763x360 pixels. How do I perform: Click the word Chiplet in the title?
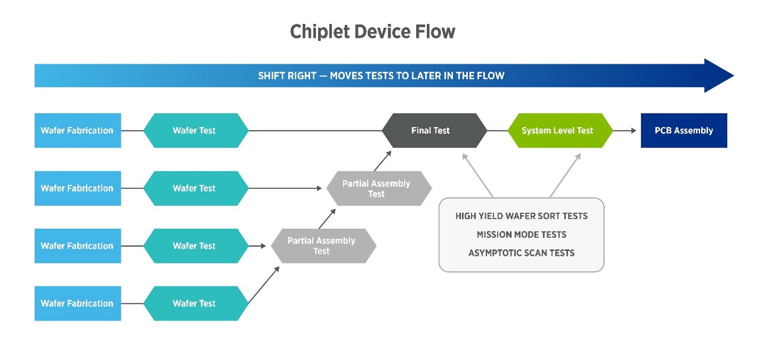click(x=319, y=32)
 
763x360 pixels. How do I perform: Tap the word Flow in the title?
click(x=435, y=31)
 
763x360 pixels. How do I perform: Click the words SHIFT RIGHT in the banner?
click(x=287, y=76)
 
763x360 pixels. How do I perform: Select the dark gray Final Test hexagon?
click(x=434, y=131)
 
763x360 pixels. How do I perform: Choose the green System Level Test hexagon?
click(x=560, y=131)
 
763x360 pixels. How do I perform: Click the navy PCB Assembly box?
click(x=684, y=131)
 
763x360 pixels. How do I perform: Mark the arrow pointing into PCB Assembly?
click(x=625, y=131)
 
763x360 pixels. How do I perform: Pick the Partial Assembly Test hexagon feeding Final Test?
click(x=379, y=188)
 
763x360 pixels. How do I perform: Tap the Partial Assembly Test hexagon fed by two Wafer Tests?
click(x=323, y=246)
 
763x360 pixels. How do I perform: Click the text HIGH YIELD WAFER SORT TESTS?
click(x=521, y=216)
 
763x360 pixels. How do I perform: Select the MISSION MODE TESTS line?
click(x=521, y=234)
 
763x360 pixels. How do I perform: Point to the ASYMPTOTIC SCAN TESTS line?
click(x=521, y=253)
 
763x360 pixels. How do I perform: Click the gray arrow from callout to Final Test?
click(x=477, y=175)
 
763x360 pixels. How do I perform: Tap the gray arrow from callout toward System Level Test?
click(x=566, y=175)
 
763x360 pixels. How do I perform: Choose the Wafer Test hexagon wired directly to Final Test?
click(x=196, y=131)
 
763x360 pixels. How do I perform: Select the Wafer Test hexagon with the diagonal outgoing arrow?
click(x=196, y=303)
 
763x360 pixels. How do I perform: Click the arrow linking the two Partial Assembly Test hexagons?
click(x=327, y=219)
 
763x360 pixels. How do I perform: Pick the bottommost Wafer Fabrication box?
click(x=78, y=303)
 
